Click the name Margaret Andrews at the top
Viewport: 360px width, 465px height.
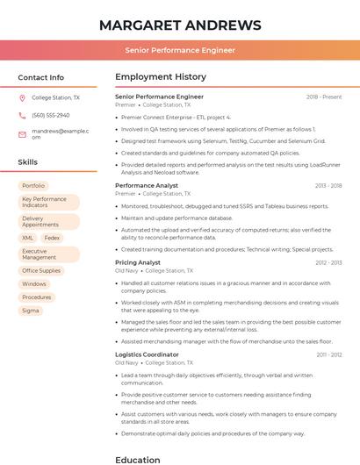click(x=180, y=25)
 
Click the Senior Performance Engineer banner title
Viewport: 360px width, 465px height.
click(x=180, y=50)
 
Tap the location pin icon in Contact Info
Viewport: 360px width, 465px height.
click(x=22, y=97)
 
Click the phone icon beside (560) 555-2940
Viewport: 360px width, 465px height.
click(x=22, y=115)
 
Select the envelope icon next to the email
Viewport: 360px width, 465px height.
click(x=22, y=133)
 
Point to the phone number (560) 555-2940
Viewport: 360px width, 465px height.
click(x=50, y=115)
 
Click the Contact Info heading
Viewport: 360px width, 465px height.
click(x=40, y=77)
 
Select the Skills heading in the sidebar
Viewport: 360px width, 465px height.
click(x=27, y=162)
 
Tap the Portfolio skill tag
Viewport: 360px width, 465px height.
click(x=33, y=186)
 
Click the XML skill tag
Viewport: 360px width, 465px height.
click(x=28, y=238)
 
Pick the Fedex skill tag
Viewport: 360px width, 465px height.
click(x=52, y=238)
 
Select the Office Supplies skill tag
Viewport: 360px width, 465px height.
click(x=41, y=271)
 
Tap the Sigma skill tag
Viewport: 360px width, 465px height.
click(x=31, y=311)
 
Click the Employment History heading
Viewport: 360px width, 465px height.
click(x=161, y=77)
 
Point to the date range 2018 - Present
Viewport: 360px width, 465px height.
click(x=324, y=97)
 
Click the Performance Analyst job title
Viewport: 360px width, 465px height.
click(x=147, y=186)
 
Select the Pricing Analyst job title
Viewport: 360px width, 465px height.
click(x=138, y=262)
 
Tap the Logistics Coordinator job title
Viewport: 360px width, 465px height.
click(x=147, y=354)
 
